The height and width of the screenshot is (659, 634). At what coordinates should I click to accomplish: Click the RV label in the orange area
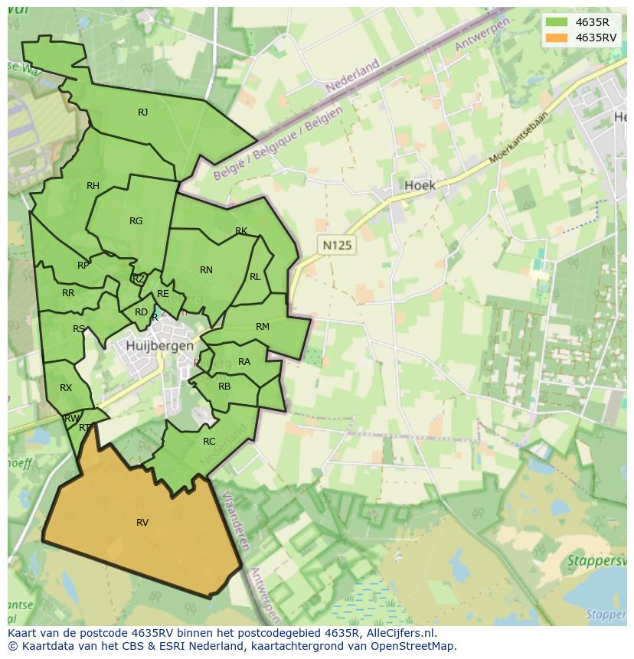[142, 523]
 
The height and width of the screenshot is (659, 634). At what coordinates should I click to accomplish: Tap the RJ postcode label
[142, 113]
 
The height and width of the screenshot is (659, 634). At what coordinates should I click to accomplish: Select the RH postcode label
[93, 186]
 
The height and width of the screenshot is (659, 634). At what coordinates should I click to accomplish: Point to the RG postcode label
[136, 221]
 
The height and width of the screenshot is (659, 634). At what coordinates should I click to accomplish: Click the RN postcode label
[206, 270]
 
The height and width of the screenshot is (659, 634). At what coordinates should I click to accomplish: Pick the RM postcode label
[263, 327]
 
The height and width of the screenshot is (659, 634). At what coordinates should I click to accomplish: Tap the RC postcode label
[209, 442]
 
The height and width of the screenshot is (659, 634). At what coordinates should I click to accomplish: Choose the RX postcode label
[66, 388]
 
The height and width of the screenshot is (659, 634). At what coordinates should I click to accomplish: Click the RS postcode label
[79, 329]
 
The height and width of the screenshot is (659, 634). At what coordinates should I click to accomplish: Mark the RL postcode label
[255, 277]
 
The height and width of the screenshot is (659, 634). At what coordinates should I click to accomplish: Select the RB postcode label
[224, 387]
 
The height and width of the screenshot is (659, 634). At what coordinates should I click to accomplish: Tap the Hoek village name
[420, 185]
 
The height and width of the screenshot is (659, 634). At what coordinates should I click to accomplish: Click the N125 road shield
[337, 246]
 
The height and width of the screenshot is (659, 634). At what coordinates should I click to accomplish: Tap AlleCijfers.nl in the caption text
[398, 633]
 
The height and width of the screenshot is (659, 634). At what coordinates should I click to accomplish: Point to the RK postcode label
[241, 231]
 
